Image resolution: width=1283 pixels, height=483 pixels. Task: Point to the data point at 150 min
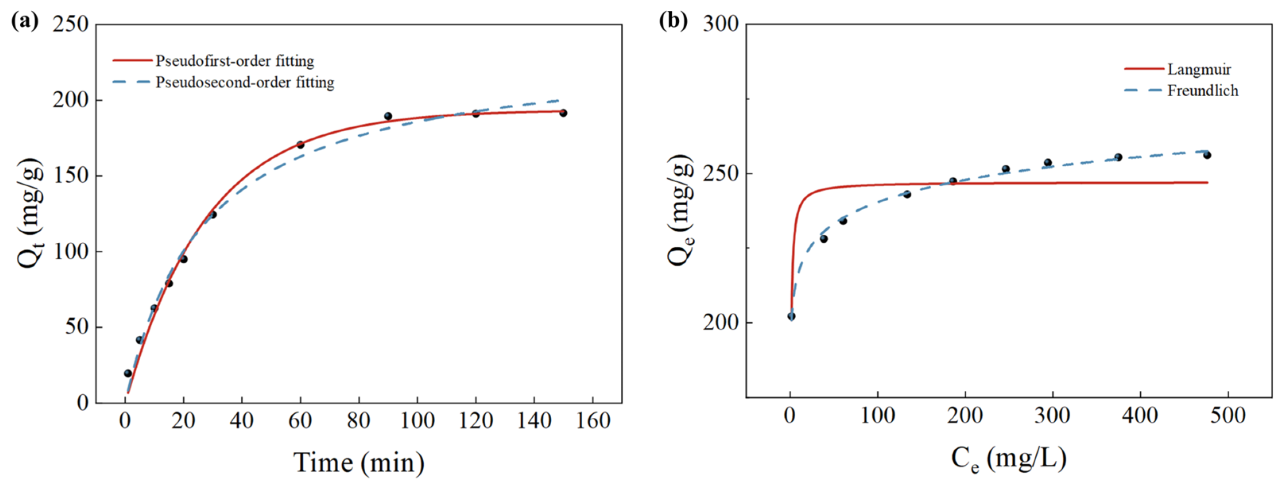[563, 113]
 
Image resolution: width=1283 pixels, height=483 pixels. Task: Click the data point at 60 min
[300, 144]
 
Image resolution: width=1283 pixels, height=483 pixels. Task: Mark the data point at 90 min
[388, 116]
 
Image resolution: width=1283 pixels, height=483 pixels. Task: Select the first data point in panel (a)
[128, 373]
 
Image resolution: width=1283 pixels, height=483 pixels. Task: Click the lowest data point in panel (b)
[791, 316]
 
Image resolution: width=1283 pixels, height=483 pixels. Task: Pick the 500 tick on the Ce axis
[1228, 415]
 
